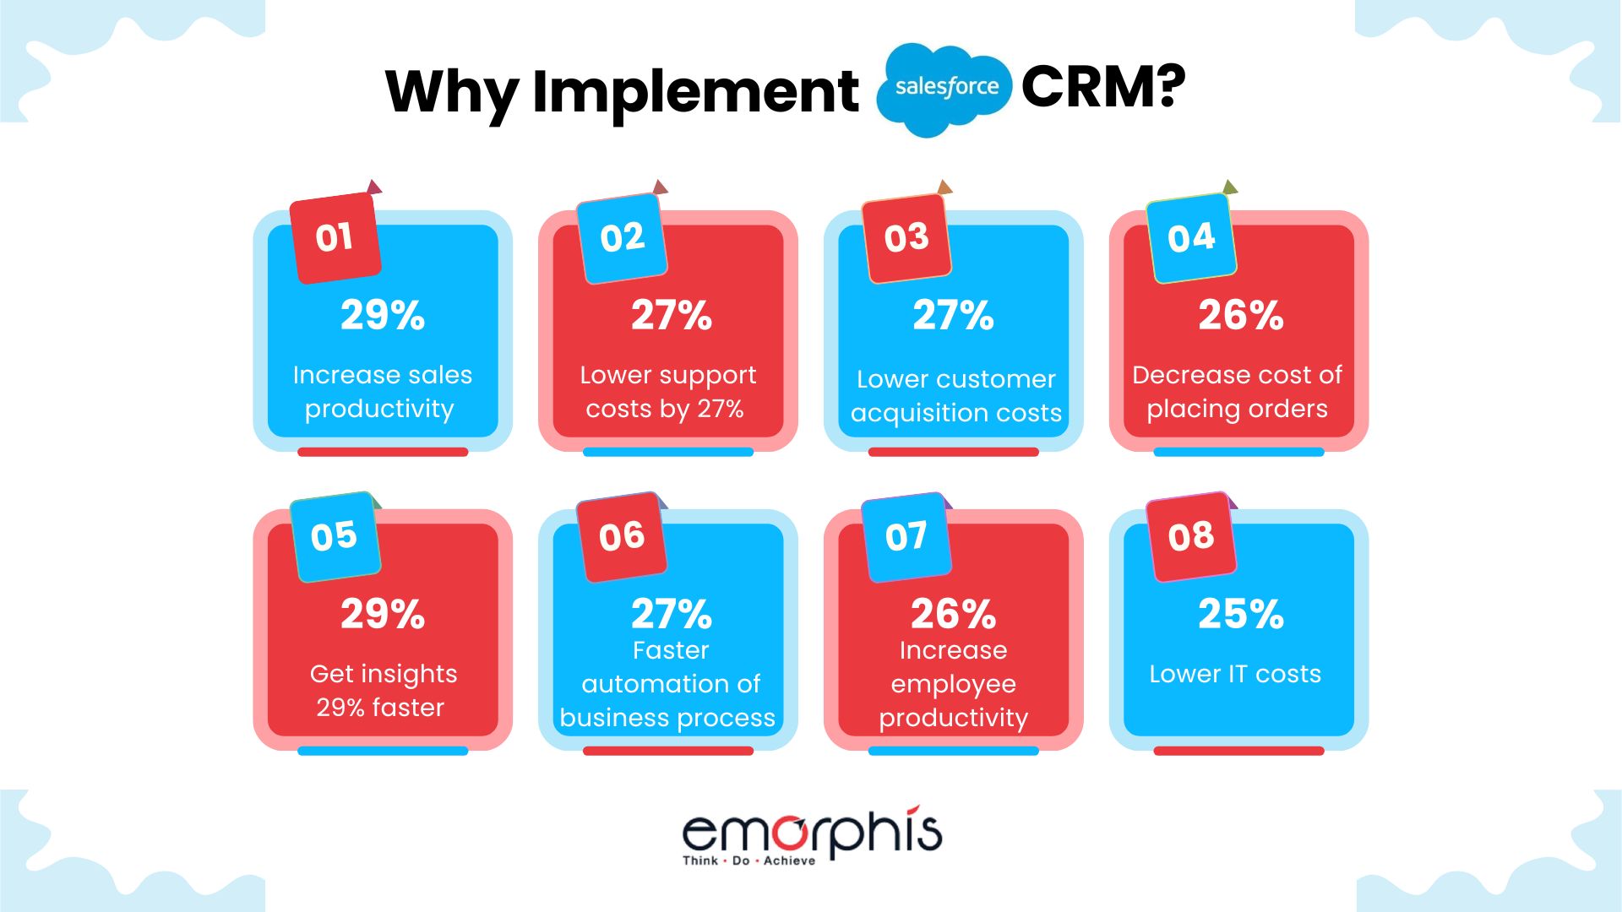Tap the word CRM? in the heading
pos(1103,87)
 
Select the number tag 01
pos(335,237)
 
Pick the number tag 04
pos(1191,237)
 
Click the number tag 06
pos(622,536)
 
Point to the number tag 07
pos(906,536)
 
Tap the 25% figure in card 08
pos(1240,614)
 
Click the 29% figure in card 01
pos(383,315)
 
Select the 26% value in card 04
pos(1240,315)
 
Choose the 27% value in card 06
pos(672,614)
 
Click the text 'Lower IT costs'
pos(1235,674)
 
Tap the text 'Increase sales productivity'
pos(382,392)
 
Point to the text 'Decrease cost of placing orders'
pos(1237,392)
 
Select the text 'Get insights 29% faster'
pos(383,691)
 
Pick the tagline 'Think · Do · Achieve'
pos(748,860)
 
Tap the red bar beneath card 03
pos(953,452)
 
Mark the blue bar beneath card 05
pos(383,751)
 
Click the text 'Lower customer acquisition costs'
pos(955,396)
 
